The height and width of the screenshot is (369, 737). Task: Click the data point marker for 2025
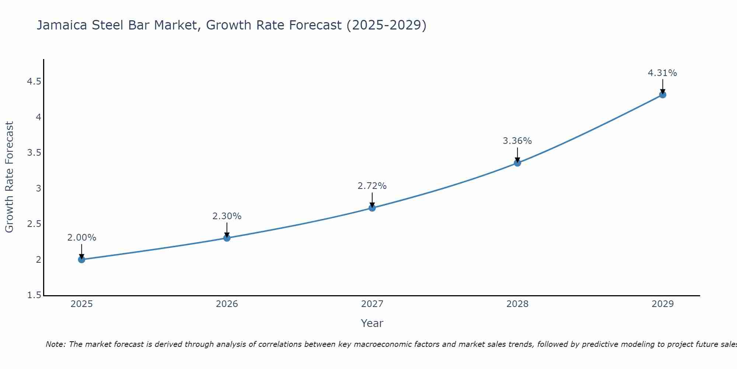click(82, 259)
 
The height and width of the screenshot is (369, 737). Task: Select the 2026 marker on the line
click(227, 238)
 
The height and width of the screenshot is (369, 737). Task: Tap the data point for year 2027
click(372, 208)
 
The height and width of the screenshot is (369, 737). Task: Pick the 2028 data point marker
click(517, 163)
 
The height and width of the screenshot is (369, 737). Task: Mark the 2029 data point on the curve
click(663, 95)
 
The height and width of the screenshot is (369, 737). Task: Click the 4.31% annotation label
click(662, 73)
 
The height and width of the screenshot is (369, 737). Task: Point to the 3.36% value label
click(517, 141)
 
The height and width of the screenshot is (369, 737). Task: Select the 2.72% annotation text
click(372, 186)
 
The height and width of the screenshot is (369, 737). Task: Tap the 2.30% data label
click(227, 216)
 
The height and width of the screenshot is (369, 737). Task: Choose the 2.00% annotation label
click(81, 238)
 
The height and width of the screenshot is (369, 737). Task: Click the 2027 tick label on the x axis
click(372, 304)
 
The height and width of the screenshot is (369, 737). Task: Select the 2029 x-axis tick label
click(663, 304)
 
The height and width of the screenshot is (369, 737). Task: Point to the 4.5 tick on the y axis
click(34, 82)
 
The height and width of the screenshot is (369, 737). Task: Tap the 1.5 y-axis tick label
click(34, 295)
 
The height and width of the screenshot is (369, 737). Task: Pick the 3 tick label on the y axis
click(38, 189)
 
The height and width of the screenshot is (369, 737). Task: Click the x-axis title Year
click(372, 323)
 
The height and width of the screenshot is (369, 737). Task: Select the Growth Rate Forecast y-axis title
click(9, 177)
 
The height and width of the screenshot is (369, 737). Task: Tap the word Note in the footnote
click(55, 344)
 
